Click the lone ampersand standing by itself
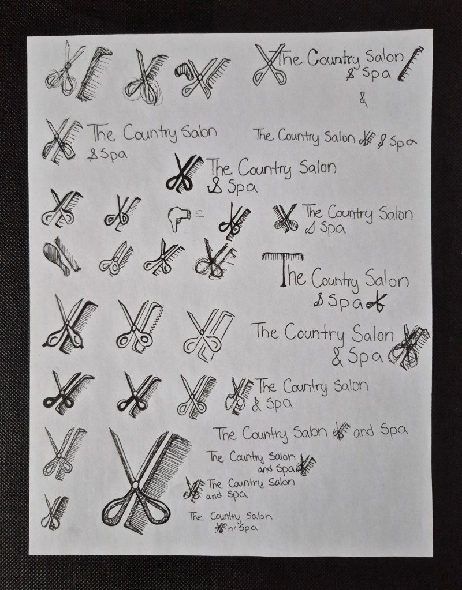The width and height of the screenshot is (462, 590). click(363, 100)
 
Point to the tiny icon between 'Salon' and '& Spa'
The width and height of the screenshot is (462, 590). click(366, 141)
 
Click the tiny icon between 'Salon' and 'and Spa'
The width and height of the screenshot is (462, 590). click(341, 431)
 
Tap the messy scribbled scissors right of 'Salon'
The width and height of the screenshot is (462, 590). click(408, 346)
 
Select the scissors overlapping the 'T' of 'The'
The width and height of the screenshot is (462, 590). click(270, 65)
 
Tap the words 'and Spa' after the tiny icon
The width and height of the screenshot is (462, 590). click(381, 430)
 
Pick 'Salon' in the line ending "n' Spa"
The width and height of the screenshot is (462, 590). click(259, 516)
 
